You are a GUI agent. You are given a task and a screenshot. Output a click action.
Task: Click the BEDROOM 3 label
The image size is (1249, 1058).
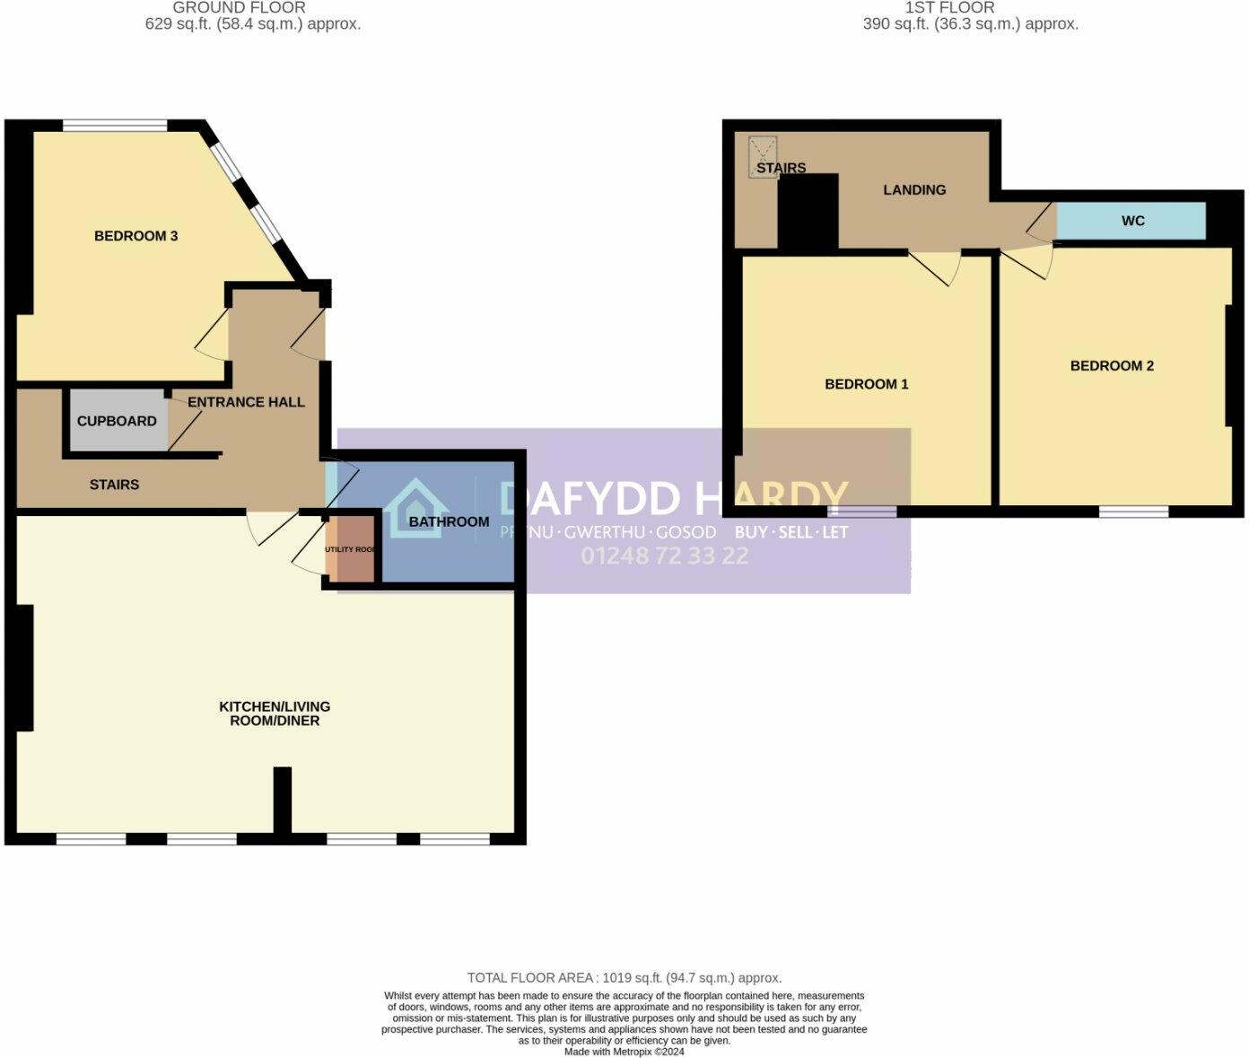(135, 236)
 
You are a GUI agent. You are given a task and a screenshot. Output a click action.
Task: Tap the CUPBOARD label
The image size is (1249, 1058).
(117, 421)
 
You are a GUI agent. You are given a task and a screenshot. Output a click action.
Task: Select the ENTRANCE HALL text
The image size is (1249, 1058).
(246, 402)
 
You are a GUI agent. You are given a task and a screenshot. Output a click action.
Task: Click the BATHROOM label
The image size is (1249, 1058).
(449, 521)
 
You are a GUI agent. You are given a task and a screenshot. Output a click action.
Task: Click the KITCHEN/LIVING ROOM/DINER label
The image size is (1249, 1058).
(275, 713)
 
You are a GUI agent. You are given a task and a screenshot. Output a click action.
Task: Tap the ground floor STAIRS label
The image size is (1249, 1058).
(114, 485)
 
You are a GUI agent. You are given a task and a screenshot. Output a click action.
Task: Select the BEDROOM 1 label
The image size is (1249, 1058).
(866, 384)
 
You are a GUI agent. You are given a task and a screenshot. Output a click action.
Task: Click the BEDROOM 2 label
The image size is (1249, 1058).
(1112, 366)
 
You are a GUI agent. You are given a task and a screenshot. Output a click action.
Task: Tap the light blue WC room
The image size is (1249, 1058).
(1131, 221)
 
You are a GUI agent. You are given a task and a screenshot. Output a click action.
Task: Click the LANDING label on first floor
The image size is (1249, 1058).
(914, 189)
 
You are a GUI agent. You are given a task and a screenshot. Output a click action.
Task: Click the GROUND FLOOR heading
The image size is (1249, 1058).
(239, 7)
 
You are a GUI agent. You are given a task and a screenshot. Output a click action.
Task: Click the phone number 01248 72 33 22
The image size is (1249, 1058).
(664, 556)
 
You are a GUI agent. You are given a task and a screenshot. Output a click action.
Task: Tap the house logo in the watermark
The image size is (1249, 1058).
(415, 510)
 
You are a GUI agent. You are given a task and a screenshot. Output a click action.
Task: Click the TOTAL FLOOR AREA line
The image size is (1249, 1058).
(624, 978)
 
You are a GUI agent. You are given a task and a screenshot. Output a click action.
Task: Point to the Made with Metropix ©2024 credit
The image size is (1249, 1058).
(624, 1051)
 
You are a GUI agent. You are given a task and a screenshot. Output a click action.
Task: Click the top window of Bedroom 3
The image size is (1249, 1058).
(114, 126)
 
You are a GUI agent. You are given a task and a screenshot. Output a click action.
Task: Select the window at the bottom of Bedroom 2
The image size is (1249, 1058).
(1134, 512)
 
